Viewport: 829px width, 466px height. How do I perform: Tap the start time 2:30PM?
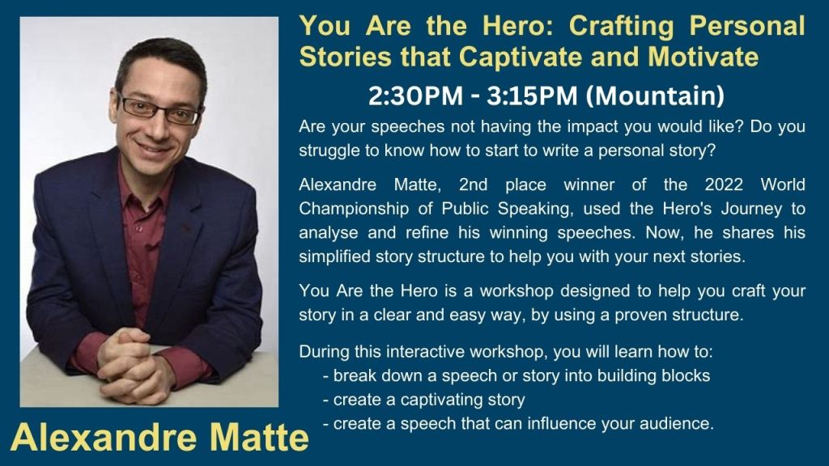[x=415, y=96]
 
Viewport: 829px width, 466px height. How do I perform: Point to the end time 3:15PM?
[x=533, y=96]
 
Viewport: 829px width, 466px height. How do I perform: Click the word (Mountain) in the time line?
[x=655, y=96]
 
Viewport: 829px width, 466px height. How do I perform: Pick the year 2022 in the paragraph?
[x=724, y=184]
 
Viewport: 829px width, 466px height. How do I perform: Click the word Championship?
[x=354, y=209]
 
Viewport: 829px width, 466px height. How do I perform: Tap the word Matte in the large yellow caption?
[x=259, y=438]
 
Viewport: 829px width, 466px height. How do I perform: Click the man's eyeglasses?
[x=159, y=109]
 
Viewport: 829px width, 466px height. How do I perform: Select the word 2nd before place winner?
[x=473, y=184]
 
